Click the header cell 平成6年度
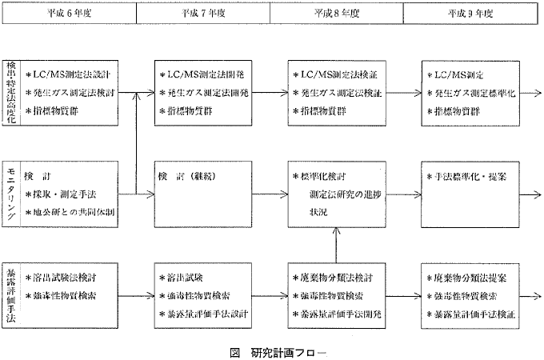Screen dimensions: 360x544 tap(70, 14)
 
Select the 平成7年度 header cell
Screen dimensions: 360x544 tap(203, 14)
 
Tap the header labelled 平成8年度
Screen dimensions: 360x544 tap(338, 14)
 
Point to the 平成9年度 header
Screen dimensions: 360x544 tap(470, 14)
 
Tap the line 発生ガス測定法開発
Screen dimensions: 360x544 tap(207, 93)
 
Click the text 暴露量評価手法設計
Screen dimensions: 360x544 tap(207, 314)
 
